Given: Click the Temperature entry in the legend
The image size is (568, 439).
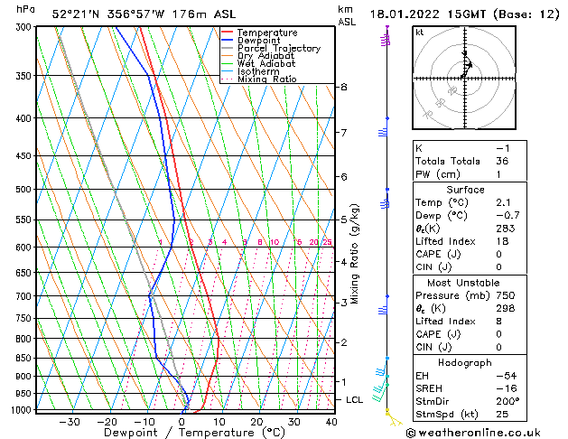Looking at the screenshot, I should point(267,33).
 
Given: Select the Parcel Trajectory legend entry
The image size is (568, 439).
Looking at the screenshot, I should point(278,48).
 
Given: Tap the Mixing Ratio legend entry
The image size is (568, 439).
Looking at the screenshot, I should point(267,79).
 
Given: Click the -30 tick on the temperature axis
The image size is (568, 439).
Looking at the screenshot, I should point(70,422).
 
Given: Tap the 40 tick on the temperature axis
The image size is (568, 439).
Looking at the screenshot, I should point(331,422).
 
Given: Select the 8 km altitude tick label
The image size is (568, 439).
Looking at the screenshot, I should point(343,87).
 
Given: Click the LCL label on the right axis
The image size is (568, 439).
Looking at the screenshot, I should point(355,399).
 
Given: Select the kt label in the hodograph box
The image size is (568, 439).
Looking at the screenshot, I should point(419,32).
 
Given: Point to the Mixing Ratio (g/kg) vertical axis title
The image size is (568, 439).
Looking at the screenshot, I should point(355,254).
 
